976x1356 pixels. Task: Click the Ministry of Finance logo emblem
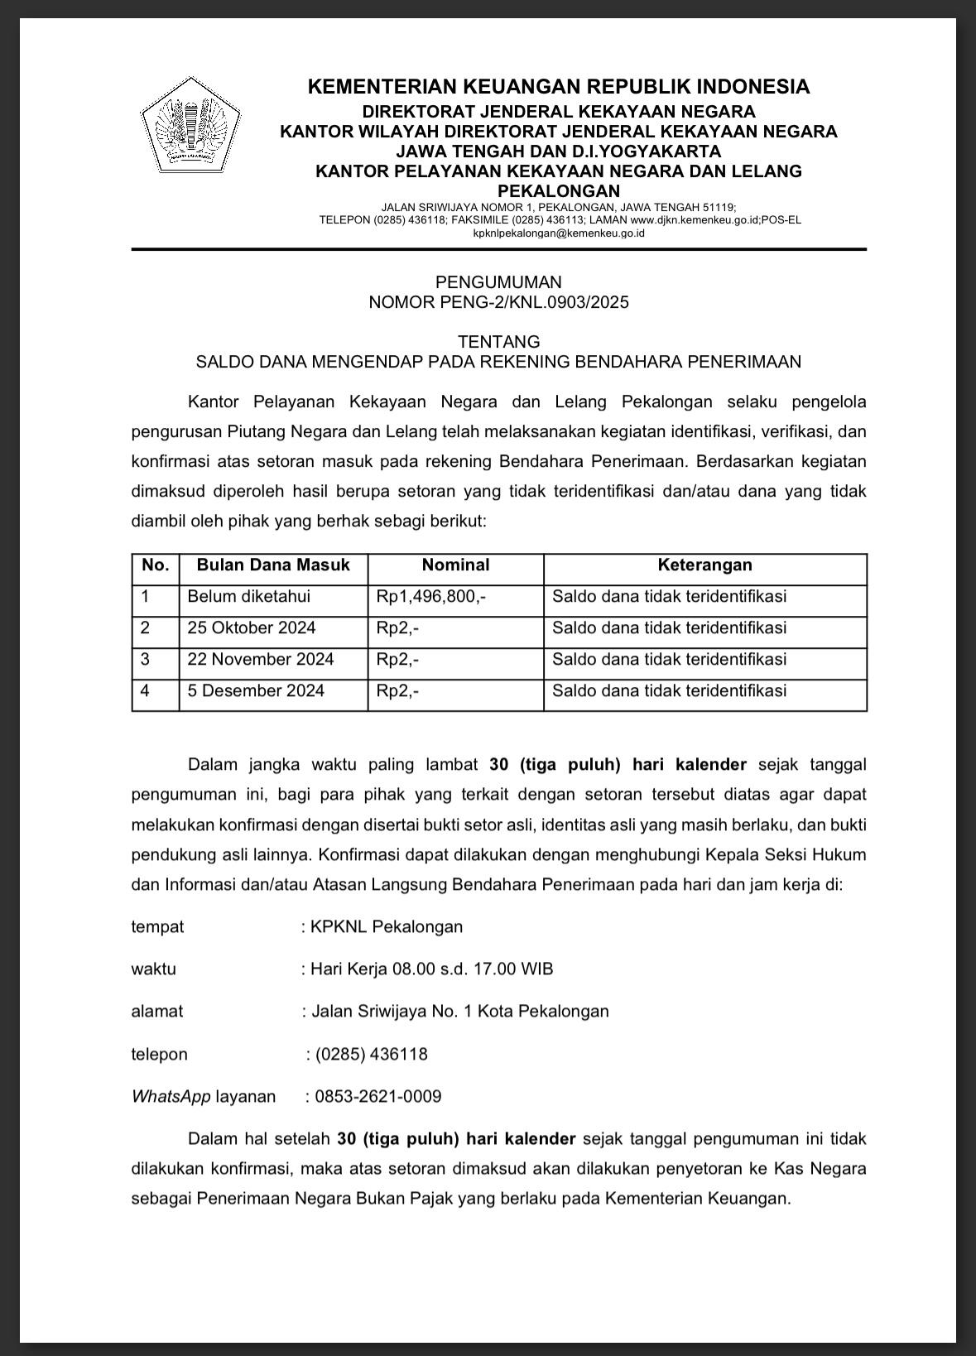tap(190, 125)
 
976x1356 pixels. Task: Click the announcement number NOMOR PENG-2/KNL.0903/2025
tap(498, 302)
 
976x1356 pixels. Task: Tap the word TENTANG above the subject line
tap(498, 341)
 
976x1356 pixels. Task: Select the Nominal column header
tap(455, 565)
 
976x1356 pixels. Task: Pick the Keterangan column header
tap(704, 565)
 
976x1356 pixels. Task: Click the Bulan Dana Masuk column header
tap(273, 565)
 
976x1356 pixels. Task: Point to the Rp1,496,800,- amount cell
tap(430, 597)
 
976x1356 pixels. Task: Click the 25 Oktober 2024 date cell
tap(252, 628)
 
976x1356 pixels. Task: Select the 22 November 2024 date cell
tap(261, 660)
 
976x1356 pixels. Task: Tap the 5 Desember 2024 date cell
tap(256, 691)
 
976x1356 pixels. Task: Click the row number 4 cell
tap(146, 691)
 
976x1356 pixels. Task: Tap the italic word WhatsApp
tap(171, 1097)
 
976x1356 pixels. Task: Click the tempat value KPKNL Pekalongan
tap(387, 926)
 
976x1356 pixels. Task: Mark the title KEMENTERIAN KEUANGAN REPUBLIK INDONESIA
tap(558, 87)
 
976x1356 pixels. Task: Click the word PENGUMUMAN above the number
tap(498, 282)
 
